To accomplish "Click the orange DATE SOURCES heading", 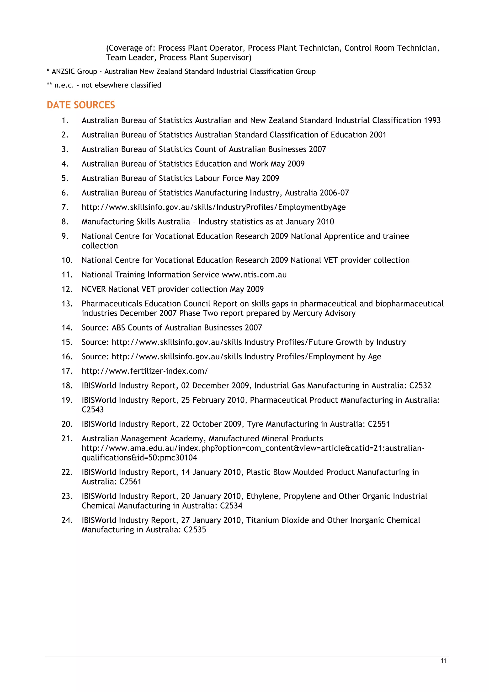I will [x=81, y=105].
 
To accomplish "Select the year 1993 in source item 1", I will [x=432, y=121].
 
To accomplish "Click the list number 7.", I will [x=65, y=207].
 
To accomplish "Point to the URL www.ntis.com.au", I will [x=254, y=275].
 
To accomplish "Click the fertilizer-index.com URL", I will [x=144, y=371].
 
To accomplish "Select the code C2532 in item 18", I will [x=420, y=386].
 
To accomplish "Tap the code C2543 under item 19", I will [x=93, y=410].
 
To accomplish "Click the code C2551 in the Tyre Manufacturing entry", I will [x=378, y=424].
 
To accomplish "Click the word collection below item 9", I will [x=100, y=246].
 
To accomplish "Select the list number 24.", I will [x=67, y=520].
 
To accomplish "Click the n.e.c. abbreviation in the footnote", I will [x=64, y=85].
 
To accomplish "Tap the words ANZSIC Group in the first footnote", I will [x=74, y=72].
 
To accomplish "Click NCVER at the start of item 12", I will [x=94, y=289].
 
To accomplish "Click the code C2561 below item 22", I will [x=130, y=482].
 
